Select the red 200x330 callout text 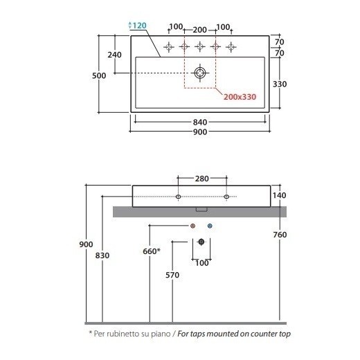240,97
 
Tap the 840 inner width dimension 200,122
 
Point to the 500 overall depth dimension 99,75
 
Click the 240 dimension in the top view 114,55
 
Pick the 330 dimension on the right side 280,84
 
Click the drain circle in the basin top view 200,73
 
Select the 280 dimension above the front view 202,179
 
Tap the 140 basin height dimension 279,196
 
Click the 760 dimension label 280,235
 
